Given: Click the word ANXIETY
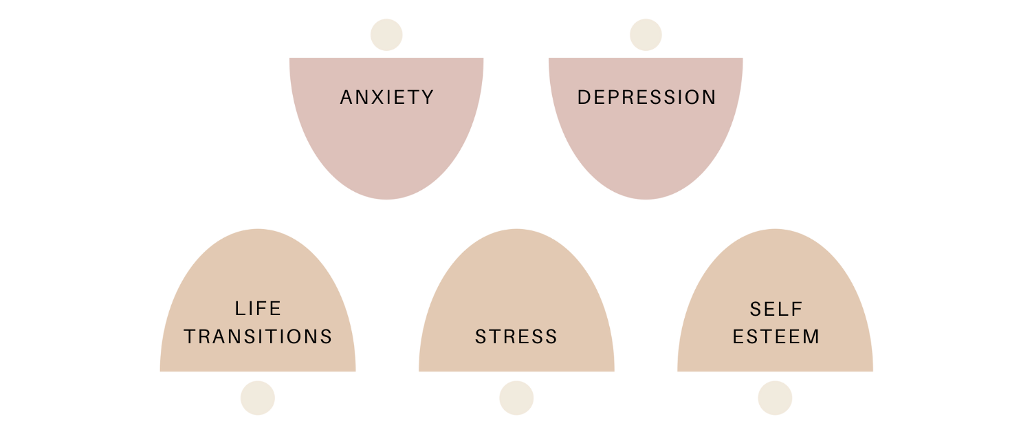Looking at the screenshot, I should tap(387, 98).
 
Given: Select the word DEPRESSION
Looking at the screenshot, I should tap(646, 98).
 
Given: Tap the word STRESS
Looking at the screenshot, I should tap(516, 337).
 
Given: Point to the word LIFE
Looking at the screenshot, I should tap(258, 309).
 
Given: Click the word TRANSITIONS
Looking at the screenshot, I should tap(258, 337).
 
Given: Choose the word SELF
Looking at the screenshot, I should tap(776, 309).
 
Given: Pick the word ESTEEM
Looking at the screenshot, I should tap(776, 337).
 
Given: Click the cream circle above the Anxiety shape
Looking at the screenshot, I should tap(386, 35).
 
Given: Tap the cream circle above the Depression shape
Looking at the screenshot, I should tap(646, 35).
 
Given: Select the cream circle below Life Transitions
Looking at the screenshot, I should tap(258, 398).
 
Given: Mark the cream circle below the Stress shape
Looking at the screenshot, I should tap(516, 398).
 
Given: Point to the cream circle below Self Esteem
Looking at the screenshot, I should tap(775, 398).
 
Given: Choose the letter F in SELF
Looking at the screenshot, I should tap(797, 309).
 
